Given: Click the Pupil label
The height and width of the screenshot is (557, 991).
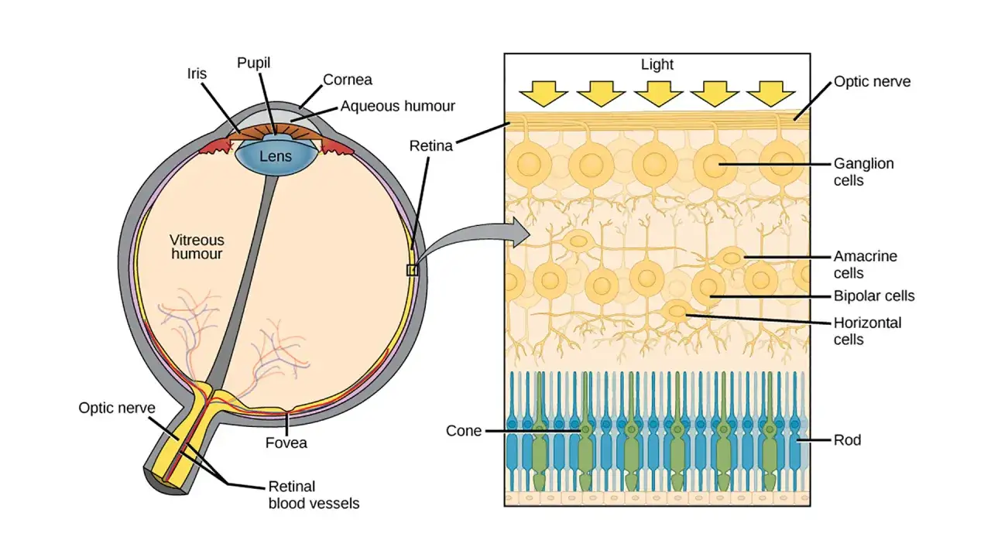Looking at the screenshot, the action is tap(253, 63).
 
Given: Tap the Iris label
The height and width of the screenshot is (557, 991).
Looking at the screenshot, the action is tap(197, 73).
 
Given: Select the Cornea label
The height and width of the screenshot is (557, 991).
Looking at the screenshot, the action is tap(348, 80).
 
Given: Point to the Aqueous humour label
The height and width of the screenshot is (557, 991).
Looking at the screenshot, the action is tap(397, 106).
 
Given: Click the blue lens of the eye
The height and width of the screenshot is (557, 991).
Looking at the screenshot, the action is tap(276, 155).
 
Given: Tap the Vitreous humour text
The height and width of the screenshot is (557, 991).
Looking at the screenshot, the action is tap(197, 247).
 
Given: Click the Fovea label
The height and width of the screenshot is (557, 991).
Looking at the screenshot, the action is tap(286, 443).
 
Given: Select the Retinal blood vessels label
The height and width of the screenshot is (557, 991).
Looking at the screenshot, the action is tap(314, 494).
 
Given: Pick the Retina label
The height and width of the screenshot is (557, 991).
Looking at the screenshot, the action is tap(431, 146).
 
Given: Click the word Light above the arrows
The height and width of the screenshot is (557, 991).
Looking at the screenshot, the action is tap(657, 64).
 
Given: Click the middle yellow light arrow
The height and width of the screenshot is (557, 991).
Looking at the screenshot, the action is tap(658, 94).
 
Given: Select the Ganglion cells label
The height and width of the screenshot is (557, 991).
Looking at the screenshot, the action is tap(863, 172).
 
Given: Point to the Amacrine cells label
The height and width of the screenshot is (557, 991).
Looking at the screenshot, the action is tap(866, 265).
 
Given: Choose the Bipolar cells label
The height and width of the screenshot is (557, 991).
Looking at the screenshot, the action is tap(874, 296).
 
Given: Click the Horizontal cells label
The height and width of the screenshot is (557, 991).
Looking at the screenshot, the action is tap(867, 331).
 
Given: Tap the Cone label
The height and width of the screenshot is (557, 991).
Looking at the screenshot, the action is tap(464, 431).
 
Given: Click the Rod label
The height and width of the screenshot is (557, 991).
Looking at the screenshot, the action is tap(847, 440).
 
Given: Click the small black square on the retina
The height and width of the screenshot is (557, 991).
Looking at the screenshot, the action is tap(413, 270).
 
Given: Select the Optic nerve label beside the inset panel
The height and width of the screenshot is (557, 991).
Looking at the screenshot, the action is tap(872, 82).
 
